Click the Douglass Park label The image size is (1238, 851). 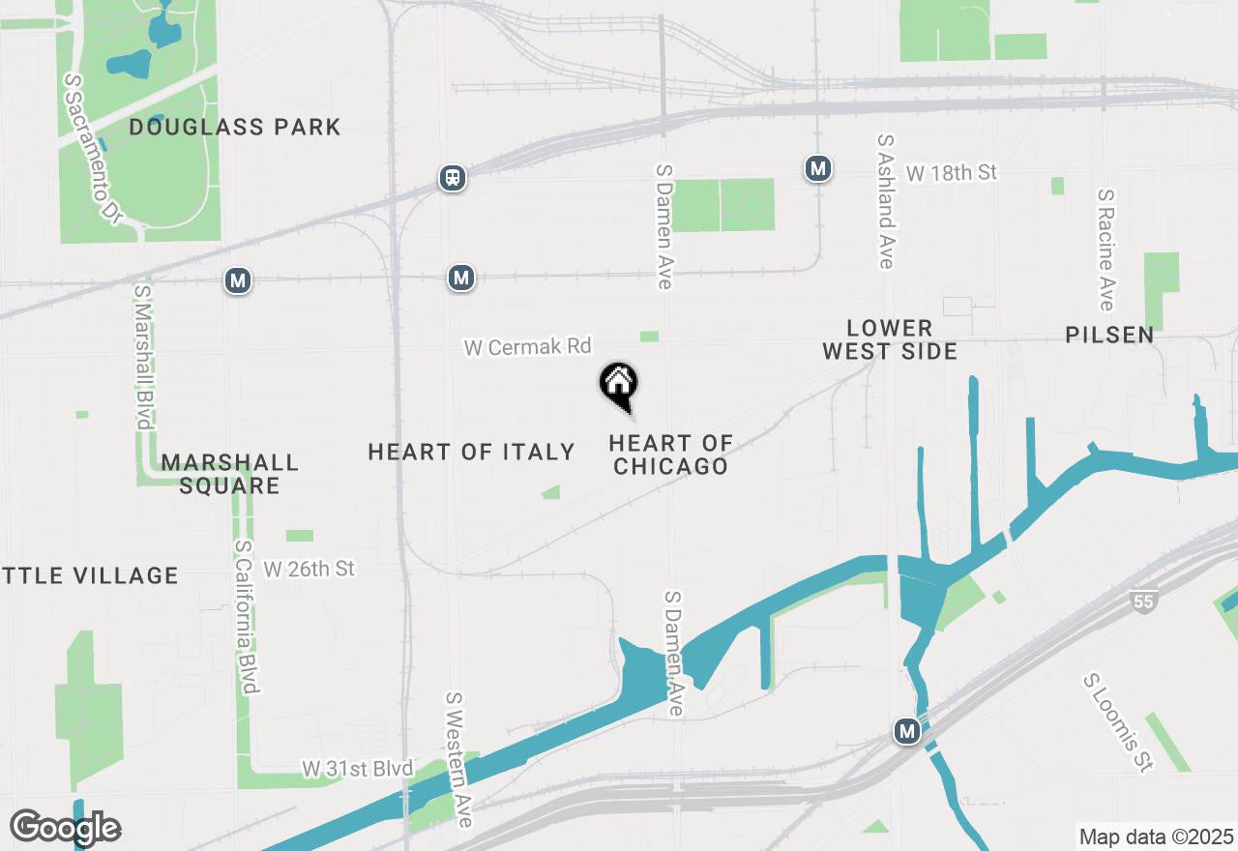coord(235,127)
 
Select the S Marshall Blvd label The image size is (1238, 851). coord(143,356)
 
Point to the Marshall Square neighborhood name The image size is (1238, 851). coord(230,474)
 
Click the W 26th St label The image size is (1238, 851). coord(309,569)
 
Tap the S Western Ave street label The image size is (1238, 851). coord(458,758)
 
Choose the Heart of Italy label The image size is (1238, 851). coord(471,452)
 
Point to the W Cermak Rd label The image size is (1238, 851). coord(527,346)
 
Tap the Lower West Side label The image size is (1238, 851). coord(890,339)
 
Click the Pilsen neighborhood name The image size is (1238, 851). coord(1109,335)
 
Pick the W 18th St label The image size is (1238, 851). coord(951,172)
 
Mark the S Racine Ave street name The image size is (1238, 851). coord(1106,249)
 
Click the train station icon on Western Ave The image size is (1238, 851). coord(452,177)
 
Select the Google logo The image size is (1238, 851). coord(65,828)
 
